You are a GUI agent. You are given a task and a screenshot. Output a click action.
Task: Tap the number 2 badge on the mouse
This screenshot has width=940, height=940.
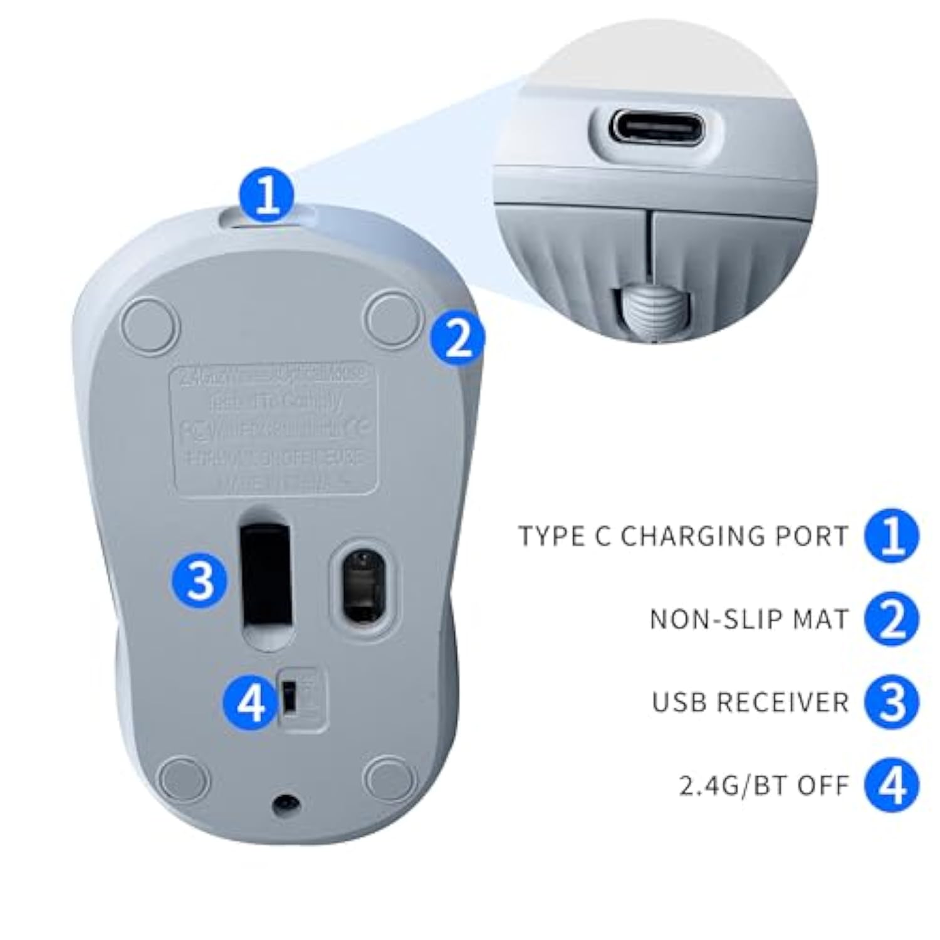coord(457,339)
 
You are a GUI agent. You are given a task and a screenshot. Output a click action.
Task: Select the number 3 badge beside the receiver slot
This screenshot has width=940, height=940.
coord(200,580)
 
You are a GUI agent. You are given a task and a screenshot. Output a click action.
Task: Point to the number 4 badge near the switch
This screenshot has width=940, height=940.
coord(251,702)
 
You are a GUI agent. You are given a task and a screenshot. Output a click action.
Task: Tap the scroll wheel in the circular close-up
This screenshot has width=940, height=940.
coord(652,311)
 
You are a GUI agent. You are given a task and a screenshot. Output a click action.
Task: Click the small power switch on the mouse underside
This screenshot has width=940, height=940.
coord(290,696)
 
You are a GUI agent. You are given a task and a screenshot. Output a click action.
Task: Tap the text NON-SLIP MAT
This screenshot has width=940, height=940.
coord(749,619)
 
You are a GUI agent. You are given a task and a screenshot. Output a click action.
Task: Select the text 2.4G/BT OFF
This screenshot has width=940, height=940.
coord(764,785)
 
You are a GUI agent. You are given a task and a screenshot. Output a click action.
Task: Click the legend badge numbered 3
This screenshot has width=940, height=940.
coord(892,702)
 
